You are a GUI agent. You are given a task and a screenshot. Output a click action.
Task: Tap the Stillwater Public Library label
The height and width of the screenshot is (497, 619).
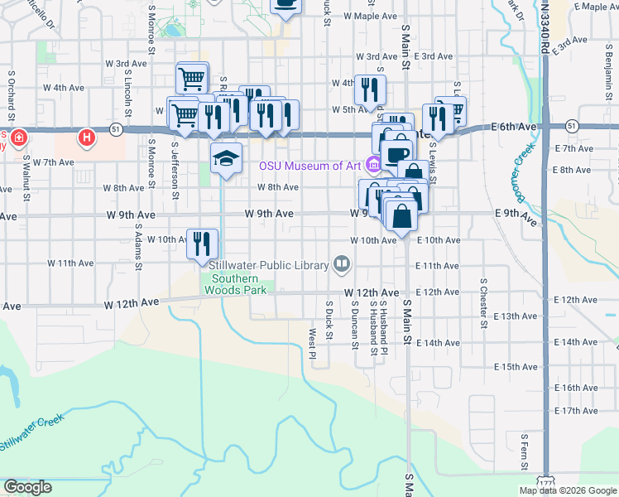click(269, 265)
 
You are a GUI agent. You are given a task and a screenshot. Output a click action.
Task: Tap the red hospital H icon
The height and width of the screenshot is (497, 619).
click(86, 136)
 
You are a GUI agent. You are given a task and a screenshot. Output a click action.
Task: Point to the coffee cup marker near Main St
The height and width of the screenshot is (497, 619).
click(398, 154)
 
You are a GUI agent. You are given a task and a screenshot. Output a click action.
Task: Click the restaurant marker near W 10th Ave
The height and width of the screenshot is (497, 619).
click(202, 242)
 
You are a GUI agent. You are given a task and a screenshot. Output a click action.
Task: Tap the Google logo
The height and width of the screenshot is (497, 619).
click(27, 487)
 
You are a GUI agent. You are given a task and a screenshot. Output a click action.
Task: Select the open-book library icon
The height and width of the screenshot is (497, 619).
click(341, 264)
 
